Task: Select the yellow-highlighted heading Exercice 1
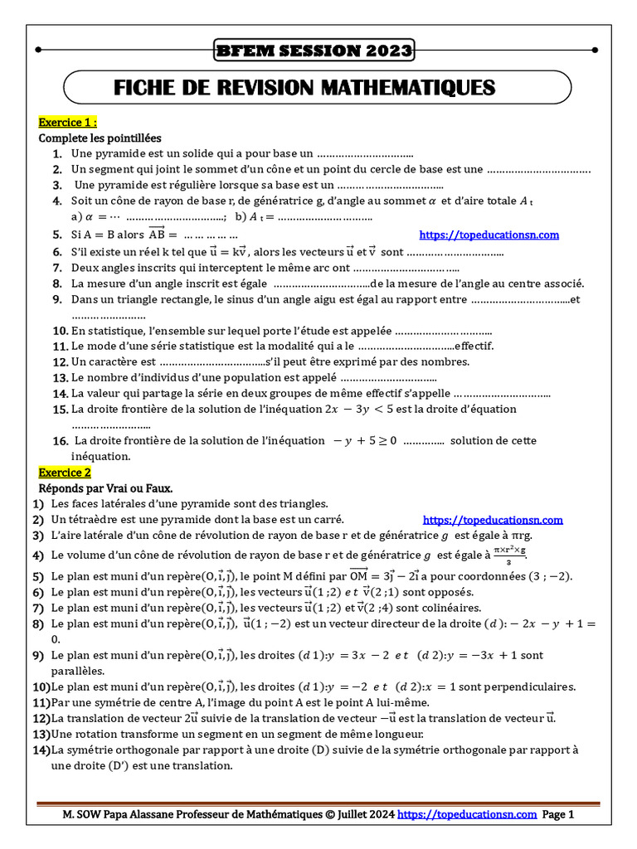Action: pyautogui.click(x=68, y=123)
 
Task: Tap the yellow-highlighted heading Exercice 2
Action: pyautogui.click(x=65, y=473)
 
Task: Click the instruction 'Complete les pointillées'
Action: pyautogui.click(x=100, y=138)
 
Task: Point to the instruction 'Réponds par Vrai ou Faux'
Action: pyautogui.click(x=105, y=488)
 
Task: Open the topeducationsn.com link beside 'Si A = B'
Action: pyautogui.click(x=489, y=235)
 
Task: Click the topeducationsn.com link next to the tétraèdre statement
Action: pyautogui.click(x=493, y=520)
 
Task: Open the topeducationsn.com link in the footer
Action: pyautogui.click(x=468, y=815)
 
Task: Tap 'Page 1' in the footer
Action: pyautogui.click(x=558, y=815)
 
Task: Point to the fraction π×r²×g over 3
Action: pyautogui.click(x=510, y=555)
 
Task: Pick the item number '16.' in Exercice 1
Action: pyautogui.click(x=60, y=441)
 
